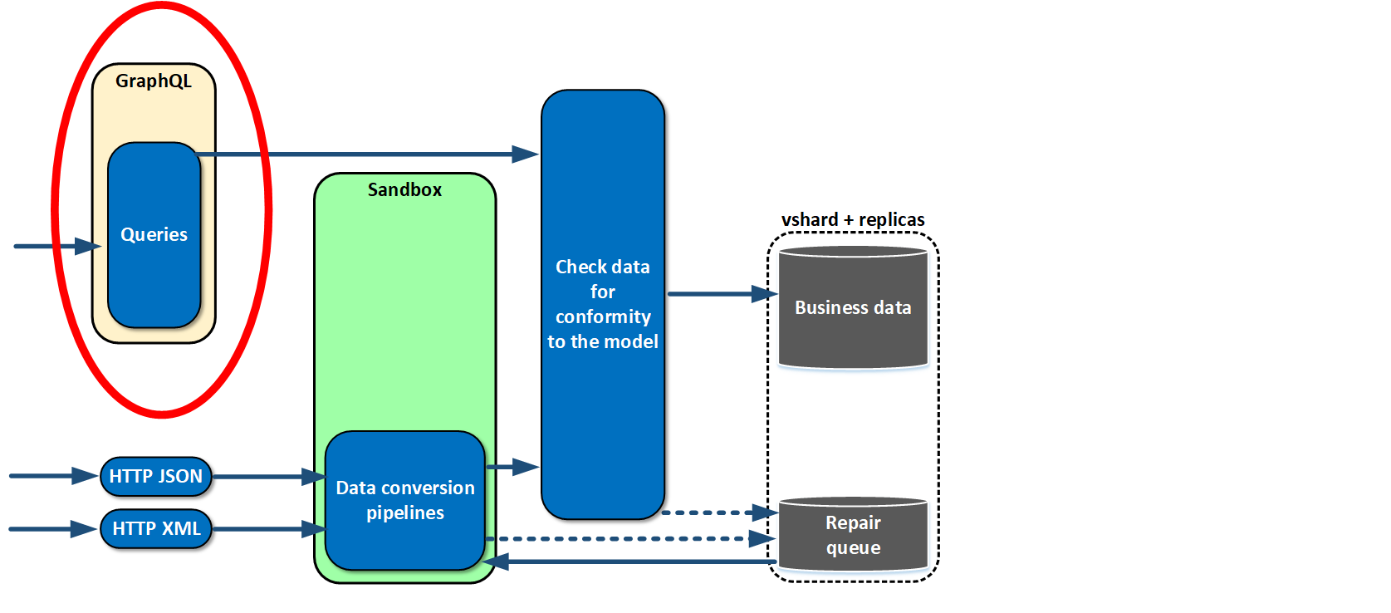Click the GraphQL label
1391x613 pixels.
[x=154, y=81]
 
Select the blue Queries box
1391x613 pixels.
[x=154, y=235]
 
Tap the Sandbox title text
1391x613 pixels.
[x=405, y=189]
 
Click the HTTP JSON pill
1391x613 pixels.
[x=156, y=477]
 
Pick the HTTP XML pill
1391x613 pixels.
[x=156, y=528]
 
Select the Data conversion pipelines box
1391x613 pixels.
[x=405, y=500]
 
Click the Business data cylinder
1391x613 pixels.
[x=853, y=307]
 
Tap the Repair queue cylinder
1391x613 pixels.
[x=853, y=534]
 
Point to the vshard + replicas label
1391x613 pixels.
[x=853, y=220]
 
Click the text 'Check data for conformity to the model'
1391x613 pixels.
[x=602, y=304]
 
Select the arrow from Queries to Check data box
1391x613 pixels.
[x=367, y=154]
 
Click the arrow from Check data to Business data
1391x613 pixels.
[x=722, y=294]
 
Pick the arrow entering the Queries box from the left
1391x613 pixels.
[x=57, y=247]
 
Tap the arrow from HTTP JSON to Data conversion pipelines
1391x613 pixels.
[x=269, y=477]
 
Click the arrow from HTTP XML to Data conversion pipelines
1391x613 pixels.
[x=269, y=529]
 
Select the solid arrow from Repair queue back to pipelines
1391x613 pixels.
[x=629, y=562]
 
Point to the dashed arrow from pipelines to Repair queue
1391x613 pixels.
[x=631, y=539]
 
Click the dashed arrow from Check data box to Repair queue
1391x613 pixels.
[x=720, y=513]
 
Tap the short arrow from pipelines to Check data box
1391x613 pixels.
[x=512, y=467]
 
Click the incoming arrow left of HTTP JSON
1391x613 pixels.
[x=54, y=477]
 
